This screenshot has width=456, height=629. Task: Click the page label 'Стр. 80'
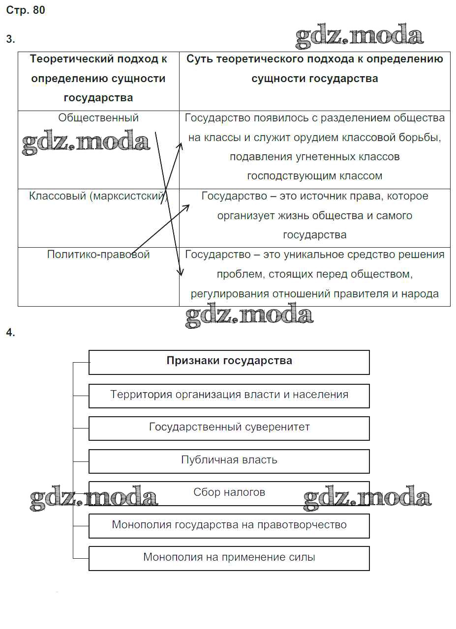click(26, 10)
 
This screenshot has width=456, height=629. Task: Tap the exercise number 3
click(10, 39)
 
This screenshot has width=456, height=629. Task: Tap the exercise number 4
click(10, 333)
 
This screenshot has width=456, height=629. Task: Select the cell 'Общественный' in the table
click(98, 118)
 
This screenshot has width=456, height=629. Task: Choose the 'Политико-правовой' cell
click(98, 255)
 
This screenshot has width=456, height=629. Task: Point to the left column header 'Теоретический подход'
click(98, 59)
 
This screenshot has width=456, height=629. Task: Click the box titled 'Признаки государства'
click(229, 361)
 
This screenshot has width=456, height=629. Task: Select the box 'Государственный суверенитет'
click(229, 428)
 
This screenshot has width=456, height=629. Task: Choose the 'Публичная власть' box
click(229, 460)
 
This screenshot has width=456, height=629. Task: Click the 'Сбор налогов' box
click(229, 492)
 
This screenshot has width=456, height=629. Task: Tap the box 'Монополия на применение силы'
click(229, 558)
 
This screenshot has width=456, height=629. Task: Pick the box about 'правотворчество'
click(229, 525)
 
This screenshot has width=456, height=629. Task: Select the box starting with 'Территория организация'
click(229, 395)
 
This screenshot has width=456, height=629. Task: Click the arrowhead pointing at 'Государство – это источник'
click(187, 207)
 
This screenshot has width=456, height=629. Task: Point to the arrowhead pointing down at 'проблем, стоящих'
click(181, 273)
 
